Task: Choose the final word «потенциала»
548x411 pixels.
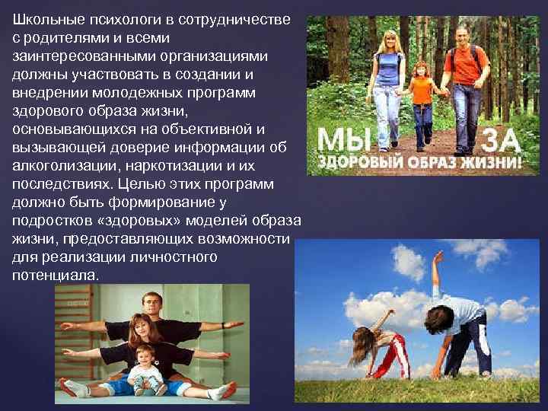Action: click(x=56, y=274)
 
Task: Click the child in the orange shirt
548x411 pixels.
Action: click(x=422, y=99)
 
